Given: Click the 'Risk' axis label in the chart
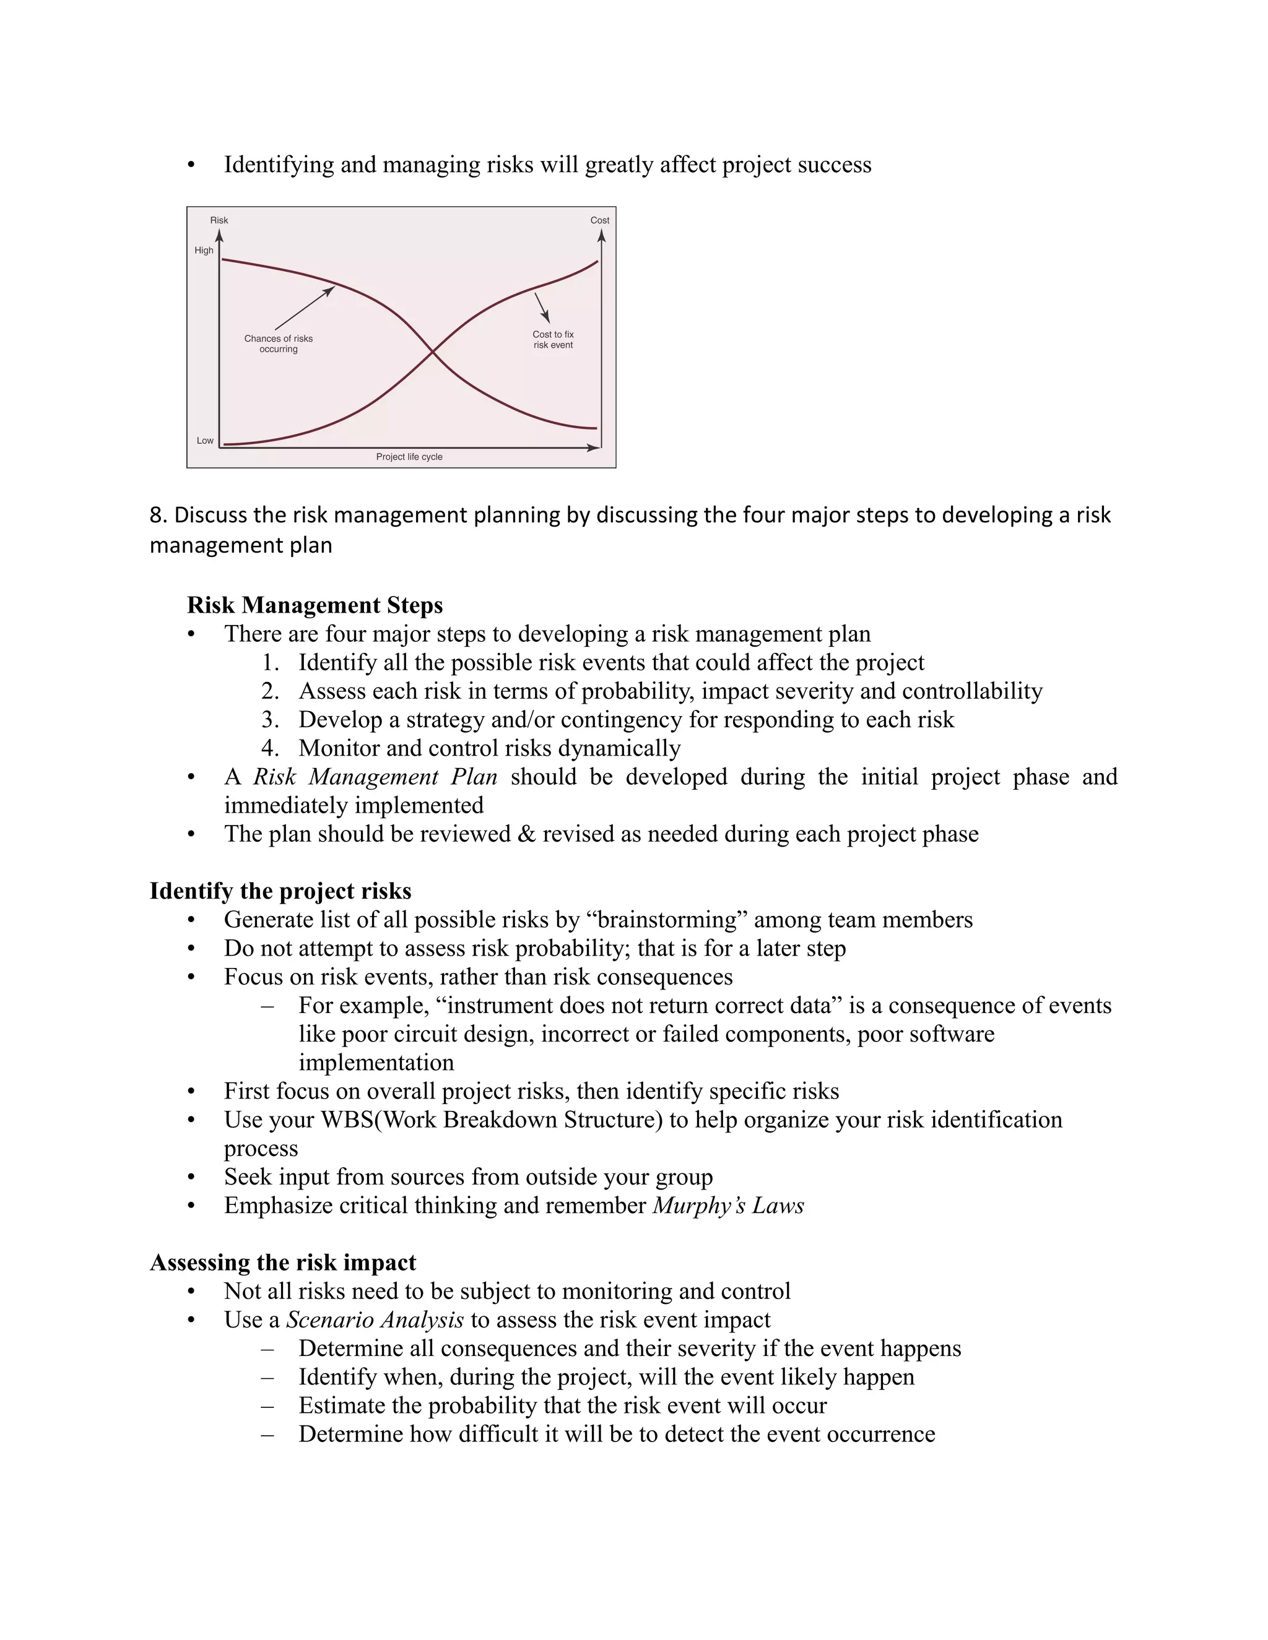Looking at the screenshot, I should click(x=219, y=220).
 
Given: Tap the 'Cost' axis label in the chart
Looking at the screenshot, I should click(x=599, y=220).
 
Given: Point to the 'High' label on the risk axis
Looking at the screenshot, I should click(x=204, y=250).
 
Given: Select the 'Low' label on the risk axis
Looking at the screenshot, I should click(x=205, y=440).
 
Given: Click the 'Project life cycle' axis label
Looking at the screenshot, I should click(x=409, y=457).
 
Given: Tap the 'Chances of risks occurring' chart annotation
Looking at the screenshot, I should click(x=278, y=344).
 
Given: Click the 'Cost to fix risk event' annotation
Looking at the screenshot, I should click(x=553, y=339).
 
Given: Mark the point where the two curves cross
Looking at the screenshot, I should click(x=432, y=351).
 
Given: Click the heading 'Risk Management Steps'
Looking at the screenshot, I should click(x=315, y=605).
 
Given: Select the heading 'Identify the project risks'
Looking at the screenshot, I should click(x=280, y=891).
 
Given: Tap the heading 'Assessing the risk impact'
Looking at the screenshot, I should click(x=282, y=1262).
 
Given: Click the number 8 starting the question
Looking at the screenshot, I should click(x=156, y=515).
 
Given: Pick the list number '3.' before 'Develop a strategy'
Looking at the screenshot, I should click(x=271, y=719).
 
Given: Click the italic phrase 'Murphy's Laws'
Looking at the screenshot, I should click(x=728, y=1205).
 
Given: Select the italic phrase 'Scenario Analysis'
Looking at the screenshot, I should click(x=375, y=1319).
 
